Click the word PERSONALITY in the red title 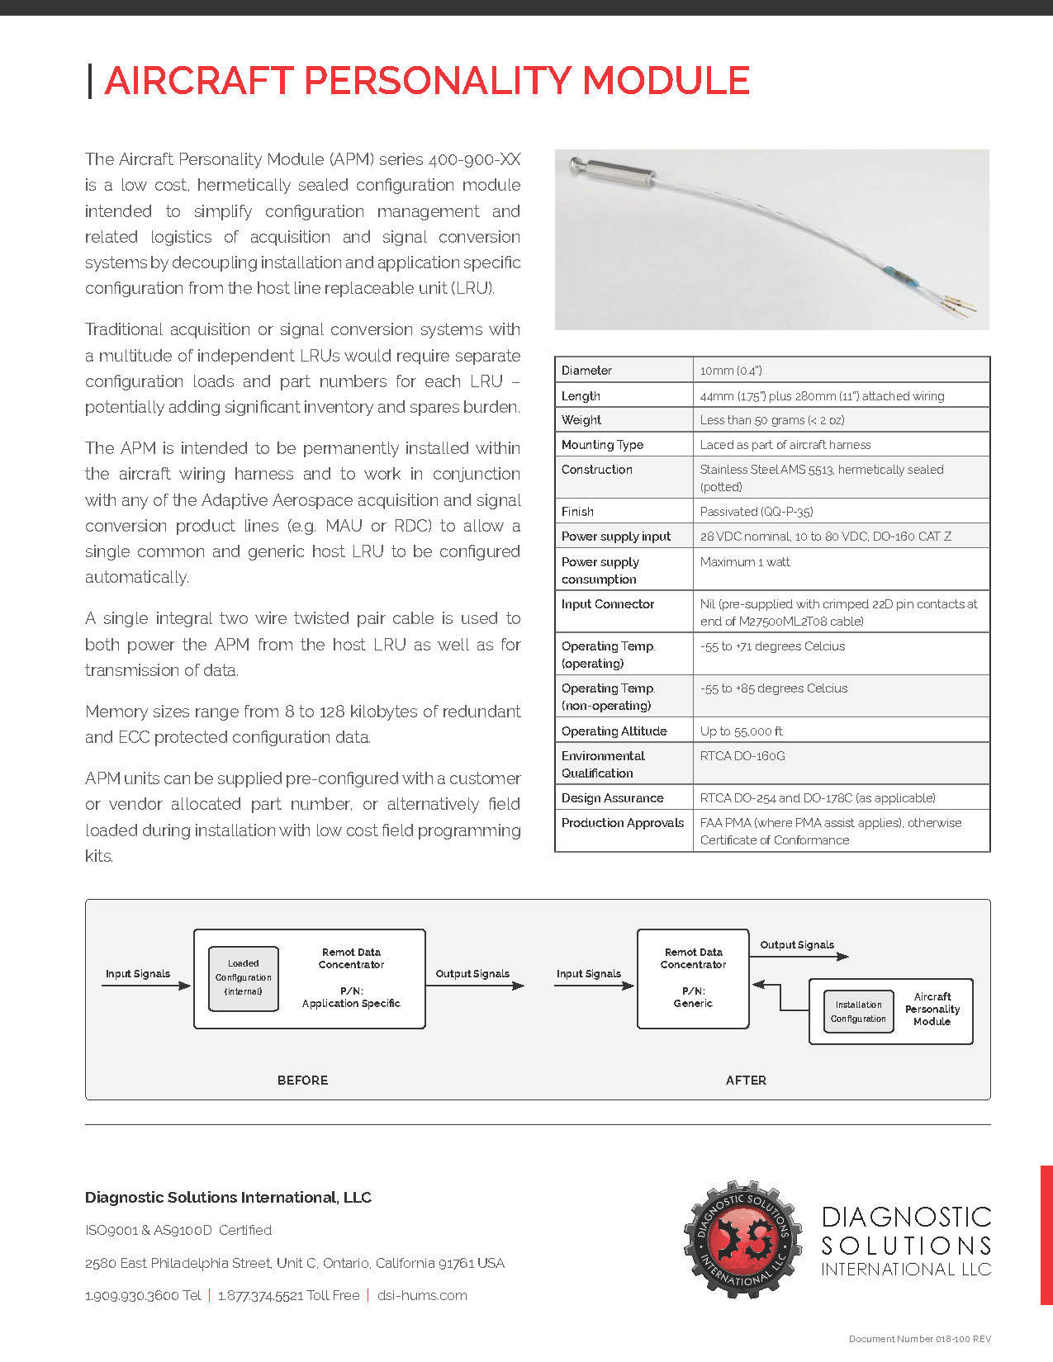point(437,81)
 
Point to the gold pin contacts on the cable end point(961,305)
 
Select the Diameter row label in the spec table point(586,371)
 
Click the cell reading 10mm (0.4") point(731,371)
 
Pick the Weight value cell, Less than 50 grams point(771,420)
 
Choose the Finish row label point(577,512)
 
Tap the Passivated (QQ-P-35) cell point(756,512)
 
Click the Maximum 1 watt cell point(745,562)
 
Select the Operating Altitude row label point(614,731)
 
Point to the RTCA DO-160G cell point(742,756)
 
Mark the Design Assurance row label point(612,798)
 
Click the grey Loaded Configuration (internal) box point(244,978)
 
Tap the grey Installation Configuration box point(859,1012)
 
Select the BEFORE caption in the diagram point(302,1081)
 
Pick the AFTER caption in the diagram point(746,1081)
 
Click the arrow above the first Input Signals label point(145,986)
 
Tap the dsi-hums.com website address point(422,1296)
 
